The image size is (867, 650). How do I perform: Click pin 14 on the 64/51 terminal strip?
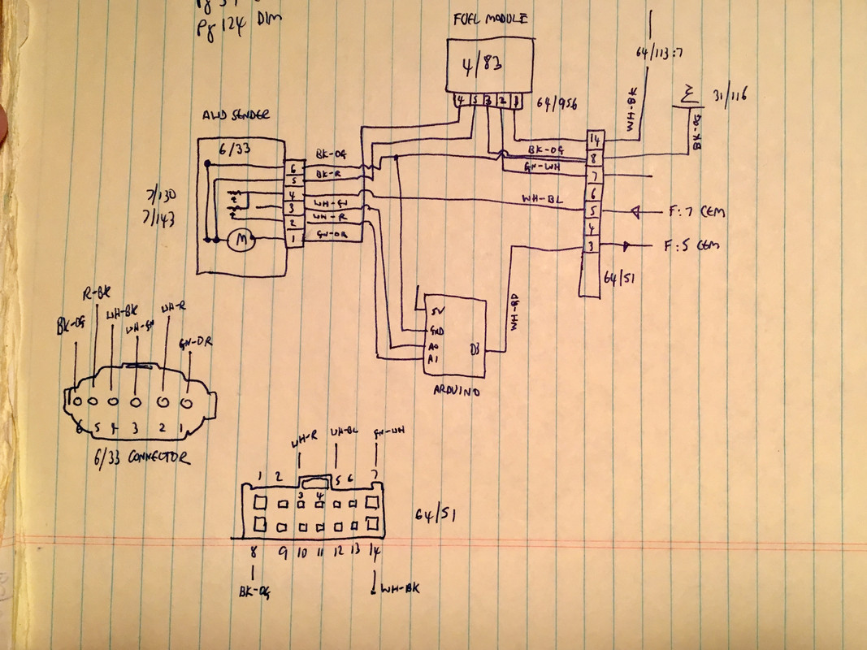click(x=594, y=139)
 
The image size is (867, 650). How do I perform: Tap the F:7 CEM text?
click(x=697, y=212)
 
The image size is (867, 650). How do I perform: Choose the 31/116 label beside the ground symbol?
click(x=728, y=96)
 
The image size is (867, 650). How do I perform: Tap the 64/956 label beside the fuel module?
click(x=554, y=105)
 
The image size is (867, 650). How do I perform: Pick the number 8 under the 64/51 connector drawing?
click(x=254, y=549)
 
